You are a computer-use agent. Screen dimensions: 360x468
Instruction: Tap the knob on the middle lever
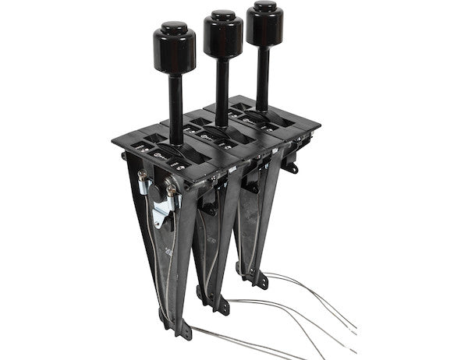[223, 34]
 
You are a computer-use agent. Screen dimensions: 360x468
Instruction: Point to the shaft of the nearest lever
[175, 109]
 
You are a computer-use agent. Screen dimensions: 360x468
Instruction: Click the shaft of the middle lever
[222, 90]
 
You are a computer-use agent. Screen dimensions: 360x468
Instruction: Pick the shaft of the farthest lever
[264, 74]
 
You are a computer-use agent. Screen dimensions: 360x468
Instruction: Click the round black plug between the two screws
[155, 188]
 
